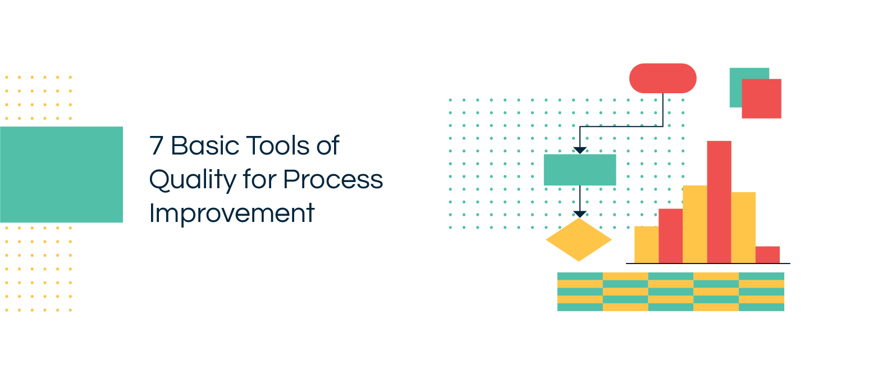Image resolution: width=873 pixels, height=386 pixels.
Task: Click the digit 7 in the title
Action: click(x=157, y=146)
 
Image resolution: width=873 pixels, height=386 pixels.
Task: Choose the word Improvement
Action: click(x=231, y=214)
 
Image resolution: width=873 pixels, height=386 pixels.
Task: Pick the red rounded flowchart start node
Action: click(x=662, y=78)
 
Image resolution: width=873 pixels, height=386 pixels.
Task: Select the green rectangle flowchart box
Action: click(x=579, y=170)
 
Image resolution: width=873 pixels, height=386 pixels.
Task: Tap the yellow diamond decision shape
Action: click(x=579, y=240)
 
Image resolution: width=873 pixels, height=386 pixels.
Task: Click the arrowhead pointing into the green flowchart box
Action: click(x=580, y=151)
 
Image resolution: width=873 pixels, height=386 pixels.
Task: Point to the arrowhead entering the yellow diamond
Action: click(x=580, y=214)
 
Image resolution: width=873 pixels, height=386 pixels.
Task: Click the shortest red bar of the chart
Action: click(x=767, y=255)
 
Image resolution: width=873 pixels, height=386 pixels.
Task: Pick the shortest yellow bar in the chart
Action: click(x=646, y=244)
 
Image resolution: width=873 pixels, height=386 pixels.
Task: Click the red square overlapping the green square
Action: click(x=761, y=99)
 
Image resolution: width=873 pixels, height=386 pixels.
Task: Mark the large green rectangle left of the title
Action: click(x=61, y=174)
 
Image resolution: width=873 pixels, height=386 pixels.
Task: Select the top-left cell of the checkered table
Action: click(x=580, y=276)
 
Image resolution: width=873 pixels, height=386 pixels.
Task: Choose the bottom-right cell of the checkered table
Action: click(x=761, y=307)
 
